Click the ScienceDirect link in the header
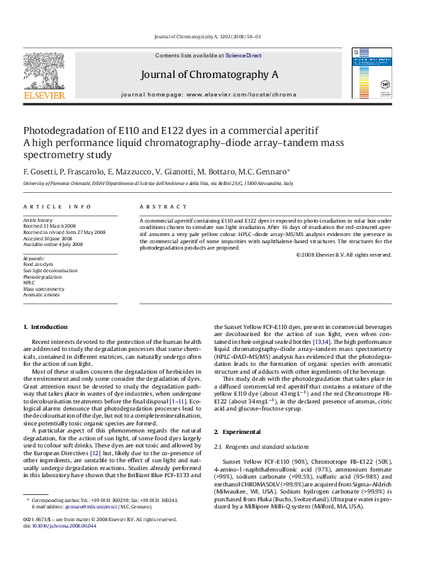pos(243,55)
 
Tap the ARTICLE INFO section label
pos(57,206)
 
